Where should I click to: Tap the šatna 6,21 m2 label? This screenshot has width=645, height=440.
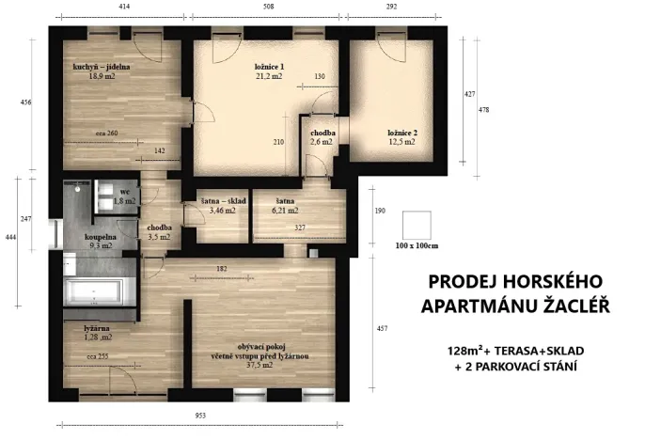pos(287,206)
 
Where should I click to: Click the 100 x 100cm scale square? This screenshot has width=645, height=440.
pos(416,225)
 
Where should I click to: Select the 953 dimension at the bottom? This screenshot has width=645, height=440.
pos(199,415)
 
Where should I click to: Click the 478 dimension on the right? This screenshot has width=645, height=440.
pos(484,110)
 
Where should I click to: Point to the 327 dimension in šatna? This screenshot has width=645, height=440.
pos(299,228)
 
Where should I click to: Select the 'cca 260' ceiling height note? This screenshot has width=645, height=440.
pos(106,133)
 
